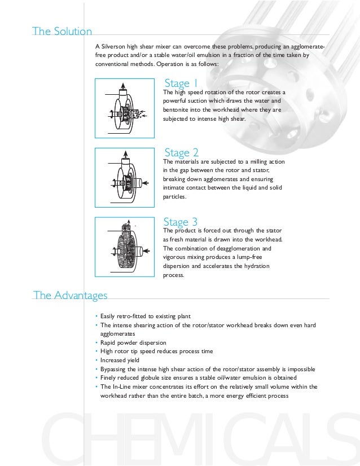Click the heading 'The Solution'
[x=62, y=32]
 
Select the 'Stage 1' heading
[x=181, y=84]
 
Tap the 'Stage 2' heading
[x=181, y=152]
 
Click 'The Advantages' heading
[x=70, y=294]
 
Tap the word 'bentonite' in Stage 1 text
[x=175, y=110]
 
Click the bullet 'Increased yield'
[x=120, y=360]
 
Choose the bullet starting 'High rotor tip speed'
[x=156, y=351]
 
